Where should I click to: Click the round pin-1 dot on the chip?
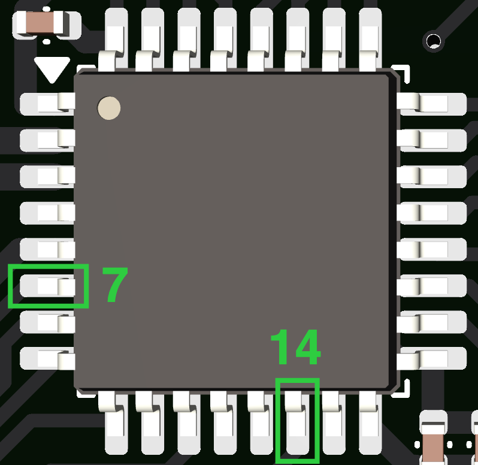109,108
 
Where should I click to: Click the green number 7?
114,285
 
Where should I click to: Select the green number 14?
295,348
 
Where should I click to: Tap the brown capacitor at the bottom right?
433,445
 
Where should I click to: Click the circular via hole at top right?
432,41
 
